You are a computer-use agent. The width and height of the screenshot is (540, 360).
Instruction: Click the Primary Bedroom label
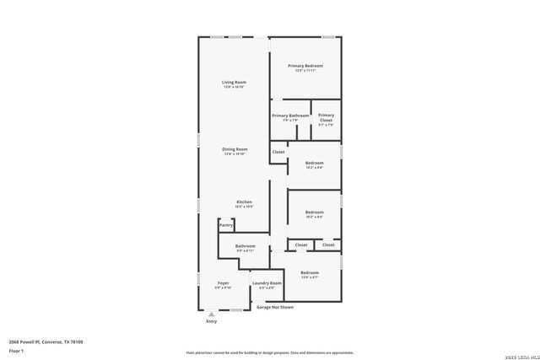click(305, 66)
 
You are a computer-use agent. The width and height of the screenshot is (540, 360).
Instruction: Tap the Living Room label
click(233, 82)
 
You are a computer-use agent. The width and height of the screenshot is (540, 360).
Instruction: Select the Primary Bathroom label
click(290, 116)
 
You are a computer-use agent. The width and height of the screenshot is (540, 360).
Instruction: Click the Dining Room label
click(234, 149)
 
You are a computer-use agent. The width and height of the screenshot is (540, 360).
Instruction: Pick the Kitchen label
click(244, 201)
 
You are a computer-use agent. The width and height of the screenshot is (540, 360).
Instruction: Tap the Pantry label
click(226, 225)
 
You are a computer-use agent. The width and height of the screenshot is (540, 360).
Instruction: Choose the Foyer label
click(223, 283)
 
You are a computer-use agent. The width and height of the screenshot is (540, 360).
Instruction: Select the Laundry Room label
click(267, 283)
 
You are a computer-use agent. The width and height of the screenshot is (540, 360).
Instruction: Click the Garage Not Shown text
click(275, 307)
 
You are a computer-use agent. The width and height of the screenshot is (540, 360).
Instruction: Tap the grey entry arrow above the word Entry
click(211, 314)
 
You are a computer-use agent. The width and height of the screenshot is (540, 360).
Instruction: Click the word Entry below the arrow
click(211, 321)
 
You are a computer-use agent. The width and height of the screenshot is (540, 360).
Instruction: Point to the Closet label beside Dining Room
click(278, 152)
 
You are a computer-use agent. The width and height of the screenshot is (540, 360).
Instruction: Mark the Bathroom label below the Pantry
click(246, 246)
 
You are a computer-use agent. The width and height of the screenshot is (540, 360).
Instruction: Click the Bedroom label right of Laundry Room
click(310, 272)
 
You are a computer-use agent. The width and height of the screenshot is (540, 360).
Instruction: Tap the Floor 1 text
click(16, 350)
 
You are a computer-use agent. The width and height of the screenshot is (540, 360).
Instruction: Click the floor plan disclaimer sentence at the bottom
click(270, 352)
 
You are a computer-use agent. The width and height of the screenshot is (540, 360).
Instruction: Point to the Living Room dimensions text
click(233, 87)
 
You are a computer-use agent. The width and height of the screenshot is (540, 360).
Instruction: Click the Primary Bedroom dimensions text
click(305, 71)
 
